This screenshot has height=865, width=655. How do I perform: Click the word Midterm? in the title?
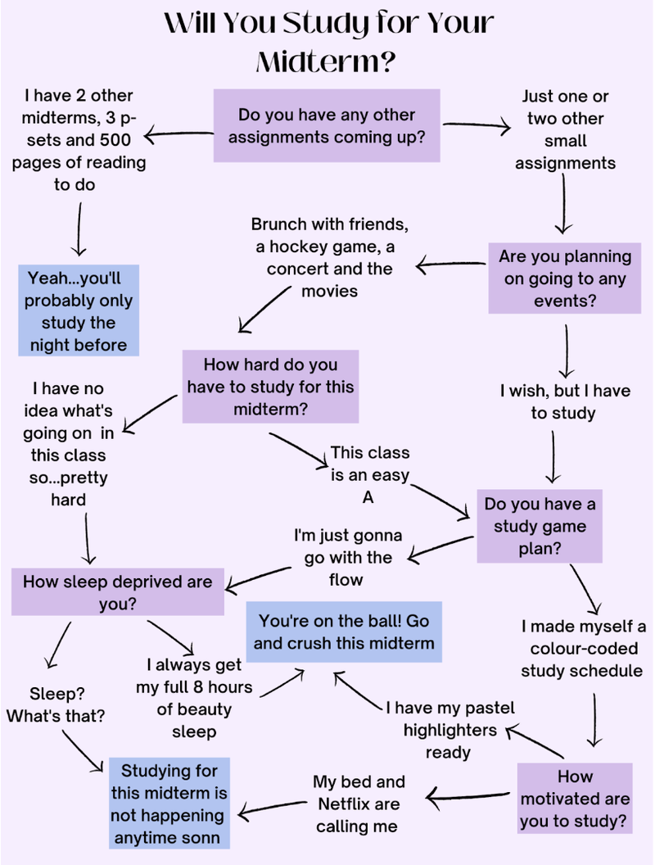pyautogui.click(x=327, y=61)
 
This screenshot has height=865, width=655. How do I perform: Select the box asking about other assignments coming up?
pyautogui.click(x=327, y=125)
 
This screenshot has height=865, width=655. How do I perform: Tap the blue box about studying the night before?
pyautogui.click(x=79, y=310)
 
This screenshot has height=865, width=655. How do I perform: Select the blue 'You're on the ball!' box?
pyautogui.click(x=344, y=631)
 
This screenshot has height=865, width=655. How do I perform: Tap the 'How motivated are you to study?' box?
pyautogui.click(x=574, y=798)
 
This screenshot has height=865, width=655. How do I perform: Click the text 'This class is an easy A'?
pyautogui.click(x=370, y=474)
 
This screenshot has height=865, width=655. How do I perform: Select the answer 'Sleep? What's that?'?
pyautogui.click(x=56, y=704)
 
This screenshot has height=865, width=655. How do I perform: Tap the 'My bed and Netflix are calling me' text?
pyautogui.click(x=359, y=804)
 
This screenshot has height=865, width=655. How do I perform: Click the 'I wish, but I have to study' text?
pyautogui.click(x=565, y=401)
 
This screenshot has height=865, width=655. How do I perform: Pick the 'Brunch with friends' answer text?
pyautogui.click(x=329, y=257)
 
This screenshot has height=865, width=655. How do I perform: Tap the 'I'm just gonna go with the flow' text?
pyautogui.click(x=349, y=557)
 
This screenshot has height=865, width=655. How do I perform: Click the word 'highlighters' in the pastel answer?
pyautogui.click(x=449, y=729)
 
